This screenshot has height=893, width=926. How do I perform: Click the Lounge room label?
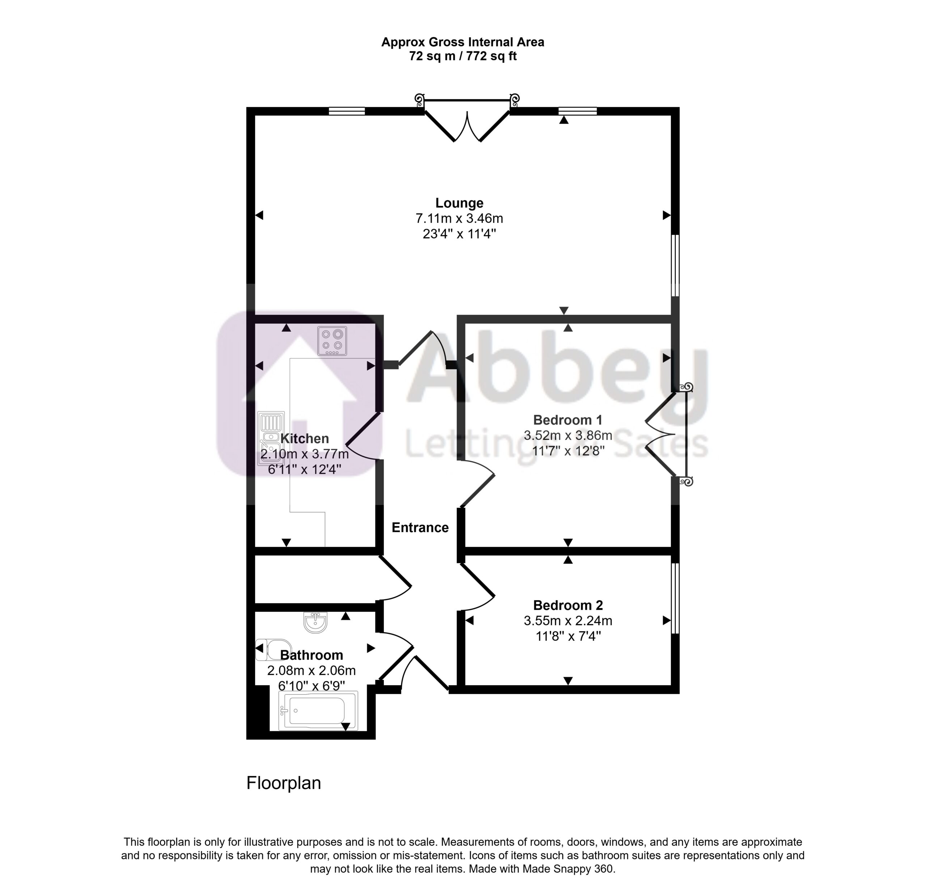[x=459, y=203]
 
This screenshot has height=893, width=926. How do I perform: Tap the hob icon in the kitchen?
[x=332, y=341]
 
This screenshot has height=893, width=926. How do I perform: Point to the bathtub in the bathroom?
[x=318, y=711]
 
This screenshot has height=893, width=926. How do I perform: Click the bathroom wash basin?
[x=315, y=622]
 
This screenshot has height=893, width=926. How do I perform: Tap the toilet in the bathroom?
[x=273, y=649]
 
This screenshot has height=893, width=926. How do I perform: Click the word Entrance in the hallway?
[x=420, y=527]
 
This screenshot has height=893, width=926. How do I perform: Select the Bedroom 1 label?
[x=568, y=420]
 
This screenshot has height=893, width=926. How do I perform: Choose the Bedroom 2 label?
[x=568, y=605]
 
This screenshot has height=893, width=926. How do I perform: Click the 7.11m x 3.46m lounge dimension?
[x=459, y=218]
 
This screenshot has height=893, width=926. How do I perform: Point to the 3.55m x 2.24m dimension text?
[x=568, y=621]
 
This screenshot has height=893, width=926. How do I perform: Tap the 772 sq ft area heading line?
[x=463, y=56]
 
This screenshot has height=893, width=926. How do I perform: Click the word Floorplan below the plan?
[x=284, y=783]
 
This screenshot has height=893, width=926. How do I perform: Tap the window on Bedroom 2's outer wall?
[x=676, y=598]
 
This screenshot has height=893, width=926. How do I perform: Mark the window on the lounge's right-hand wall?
[x=676, y=266]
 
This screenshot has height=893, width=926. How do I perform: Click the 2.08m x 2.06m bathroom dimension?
[x=311, y=671]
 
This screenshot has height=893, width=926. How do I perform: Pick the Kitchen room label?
[x=305, y=439]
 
